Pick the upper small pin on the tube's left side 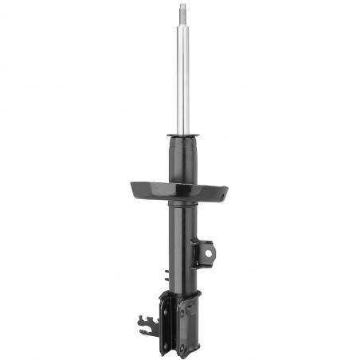[x=165, y=272]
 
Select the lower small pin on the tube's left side [x=165, y=280]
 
